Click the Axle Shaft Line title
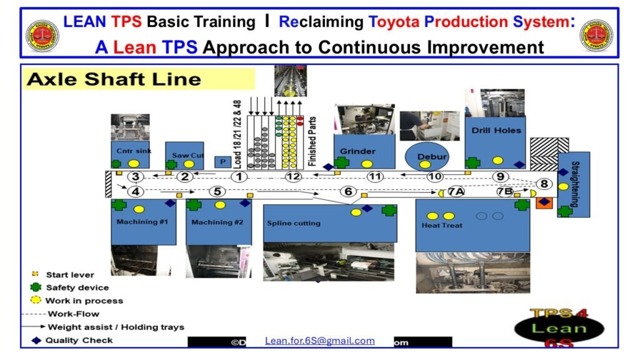pyautogui.click(x=114, y=79)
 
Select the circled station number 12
pyautogui.click(x=293, y=177)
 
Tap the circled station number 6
pyautogui.click(x=348, y=192)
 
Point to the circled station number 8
pyautogui.click(x=544, y=184)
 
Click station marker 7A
pyautogui.click(x=455, y=192)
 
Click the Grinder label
pyautogui.click(x=357, y=151)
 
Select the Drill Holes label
pyautogui.click(x=497, y=131)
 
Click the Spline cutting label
pyautogui.click(x=293, y=223)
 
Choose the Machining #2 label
pyautogui.click(x=217, y=222)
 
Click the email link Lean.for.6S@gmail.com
pyautogui.click(x=320, y=341)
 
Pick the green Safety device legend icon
pyautogui.click(x=36, y=287)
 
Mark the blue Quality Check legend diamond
pyautogui.click(x=36, y=341)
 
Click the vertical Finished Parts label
pyautogui.click(x=312, y=141)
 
